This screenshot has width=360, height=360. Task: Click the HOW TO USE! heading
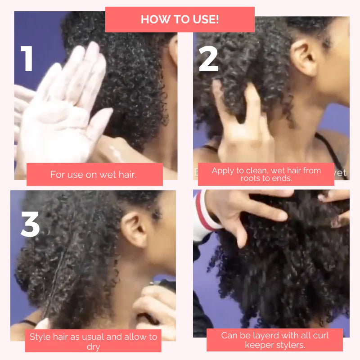[180, 19]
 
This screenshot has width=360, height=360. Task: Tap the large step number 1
[27, 58]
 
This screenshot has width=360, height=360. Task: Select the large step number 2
[208, 59]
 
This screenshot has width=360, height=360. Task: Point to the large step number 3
[30, 224]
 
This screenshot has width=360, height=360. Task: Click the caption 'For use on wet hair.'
[94, 175]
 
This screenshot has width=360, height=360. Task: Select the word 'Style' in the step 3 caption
[40, 337]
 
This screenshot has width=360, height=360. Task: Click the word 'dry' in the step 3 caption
[93, 346]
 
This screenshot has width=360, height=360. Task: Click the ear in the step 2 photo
[304, 58]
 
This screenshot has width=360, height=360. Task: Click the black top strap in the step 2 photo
[330, 152]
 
